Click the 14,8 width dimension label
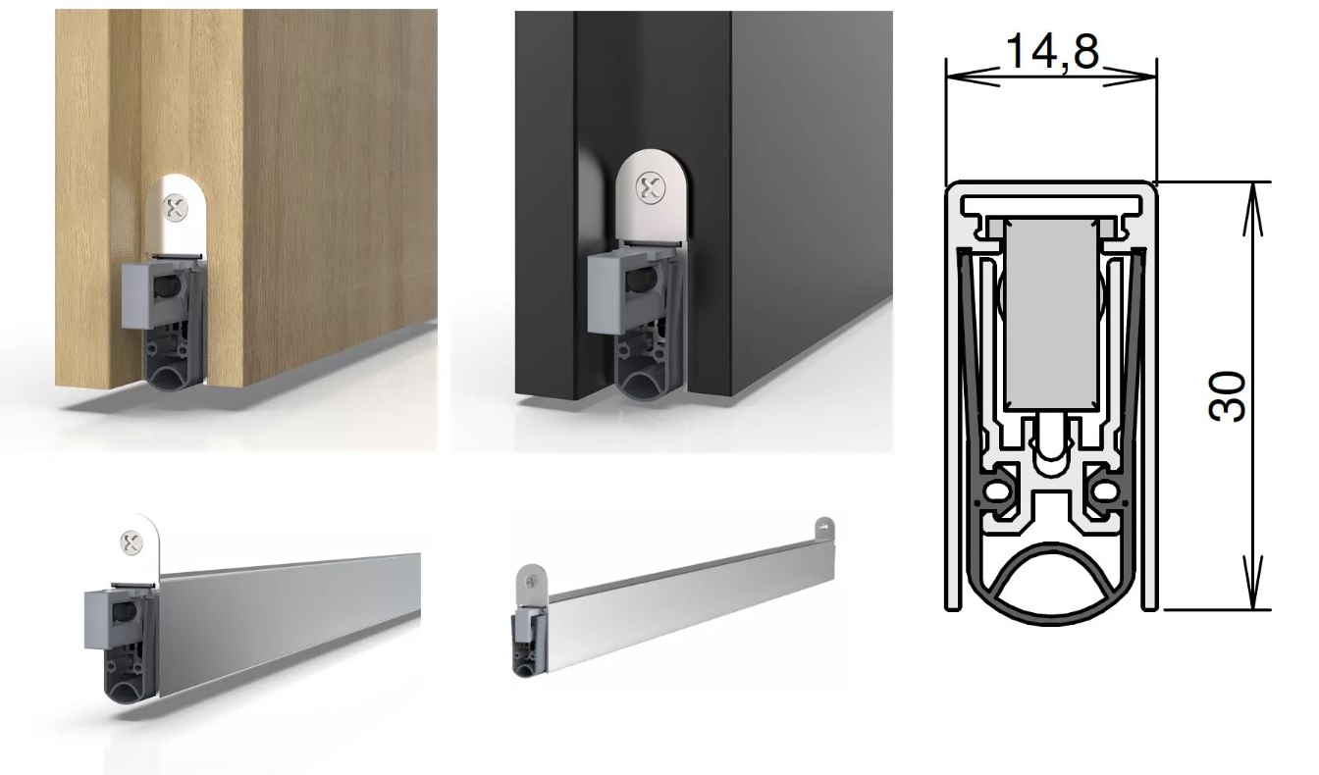[x=1052, y=51]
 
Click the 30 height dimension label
[x=1227, y=396]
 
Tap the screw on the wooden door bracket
[x=175, y=208]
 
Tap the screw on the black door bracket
[x=650, y=186]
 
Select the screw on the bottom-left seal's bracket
[x=132, y=542]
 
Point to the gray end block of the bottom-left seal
[x=108, y=618]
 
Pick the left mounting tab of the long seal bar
[x=529, y=583]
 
